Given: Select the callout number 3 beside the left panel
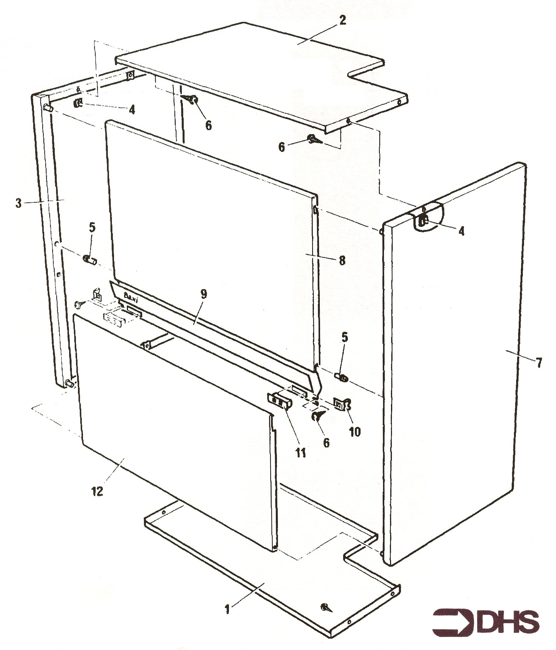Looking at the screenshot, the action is coord(19,203).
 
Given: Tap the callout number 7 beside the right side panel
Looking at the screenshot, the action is coord(539,363).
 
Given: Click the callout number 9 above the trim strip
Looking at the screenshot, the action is coord(204,294).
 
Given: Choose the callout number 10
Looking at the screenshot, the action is coord(355,432).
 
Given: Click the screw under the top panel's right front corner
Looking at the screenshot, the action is coord(314,139).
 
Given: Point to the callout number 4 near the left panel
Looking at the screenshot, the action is coord(132,110).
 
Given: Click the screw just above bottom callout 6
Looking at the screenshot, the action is coord(318,415).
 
